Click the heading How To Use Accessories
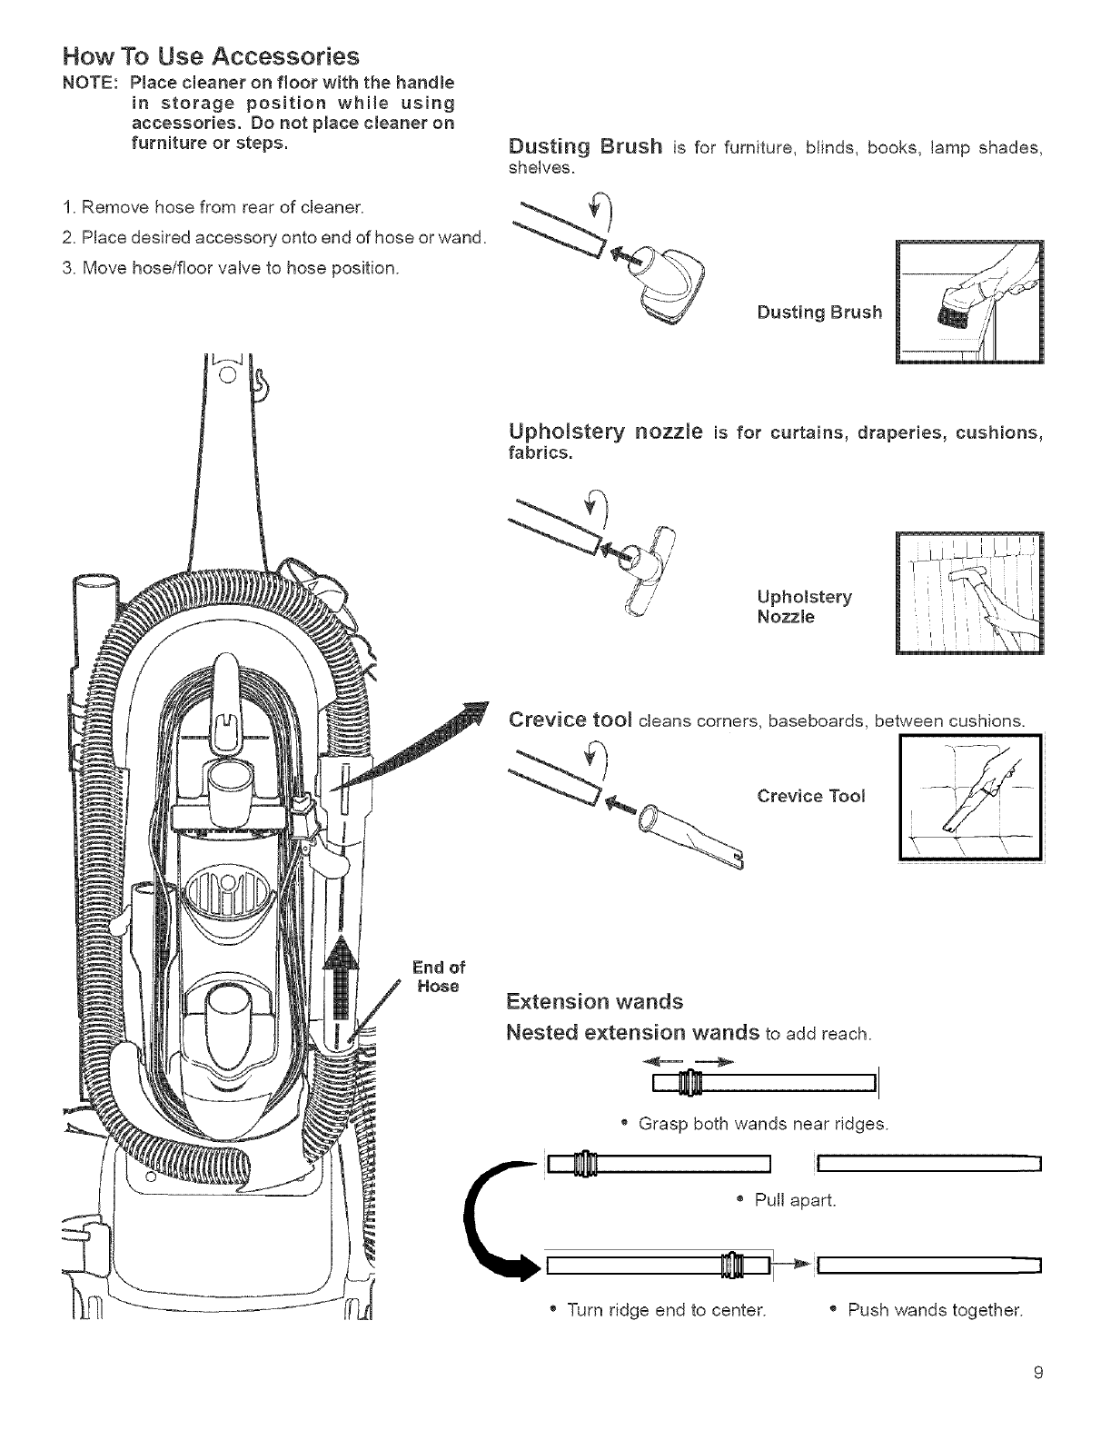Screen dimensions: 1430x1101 click(212, 57)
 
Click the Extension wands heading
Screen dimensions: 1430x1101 click(594, 1002)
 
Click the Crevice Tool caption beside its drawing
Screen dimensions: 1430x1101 click(811, 796)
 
